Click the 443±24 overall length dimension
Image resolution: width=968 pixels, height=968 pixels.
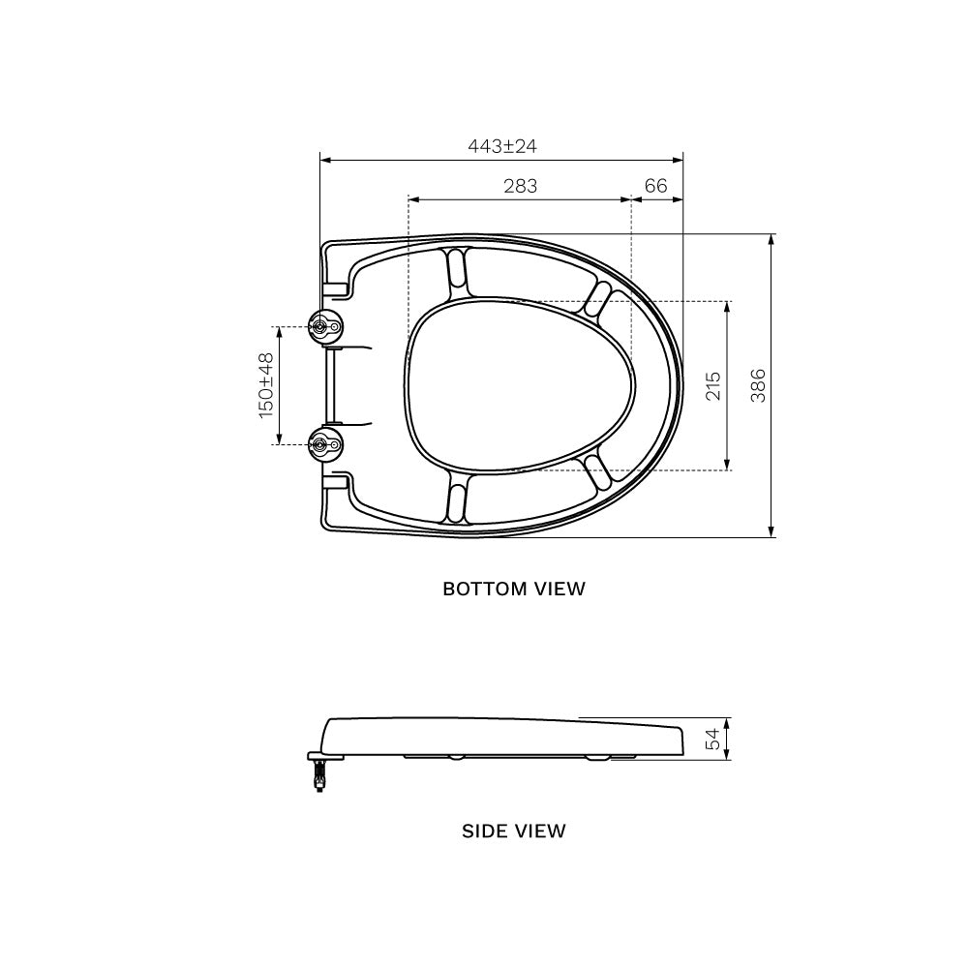point(501,146)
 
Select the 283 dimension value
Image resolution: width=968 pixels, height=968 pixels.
point(520,186)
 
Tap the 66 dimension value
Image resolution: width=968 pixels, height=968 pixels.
point(656,186)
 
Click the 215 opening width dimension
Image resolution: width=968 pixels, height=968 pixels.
point(713,385)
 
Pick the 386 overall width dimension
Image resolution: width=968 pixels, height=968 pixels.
point(758,385)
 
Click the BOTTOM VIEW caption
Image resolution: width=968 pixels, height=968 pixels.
point(514,589)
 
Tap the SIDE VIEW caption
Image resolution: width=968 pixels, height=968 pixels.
point(514,831)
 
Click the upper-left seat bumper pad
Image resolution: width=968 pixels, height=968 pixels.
point(456,269)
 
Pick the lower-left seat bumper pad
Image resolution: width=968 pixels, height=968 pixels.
point(456,501)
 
